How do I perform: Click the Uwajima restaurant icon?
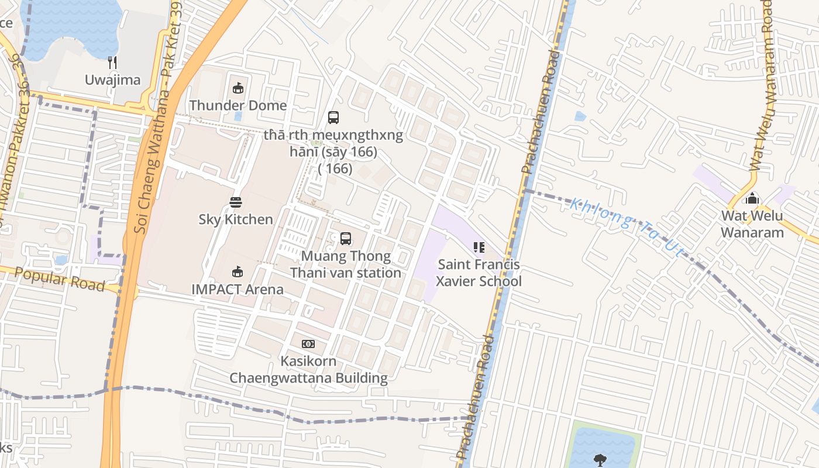click(x=113, y=63)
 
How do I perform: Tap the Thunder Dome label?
click(x=238, y=105)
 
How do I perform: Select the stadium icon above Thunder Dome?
click(x=238, y=88)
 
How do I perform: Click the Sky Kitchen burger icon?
click(x=236, y=202)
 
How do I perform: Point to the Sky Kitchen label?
click(x=236, y=219)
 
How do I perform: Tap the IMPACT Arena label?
click(x=238, y=289)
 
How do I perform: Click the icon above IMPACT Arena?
click(x=238, y=271)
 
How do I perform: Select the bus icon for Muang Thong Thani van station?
click(x=346, y=239)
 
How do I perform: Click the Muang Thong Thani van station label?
click(x=346, y=264)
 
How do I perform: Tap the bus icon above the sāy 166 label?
click(x=333, y=118)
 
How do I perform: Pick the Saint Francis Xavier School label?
click(x=479, y=273)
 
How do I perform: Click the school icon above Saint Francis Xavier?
click(x=479, y=247)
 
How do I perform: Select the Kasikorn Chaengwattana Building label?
click(x=308, y=369)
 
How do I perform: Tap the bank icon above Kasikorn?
click(x=308, y=344)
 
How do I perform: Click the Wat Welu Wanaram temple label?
click(x=752, y=224)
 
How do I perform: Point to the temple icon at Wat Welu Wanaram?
click(x=752, y=198)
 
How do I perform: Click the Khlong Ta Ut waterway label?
click(x=627, y=227)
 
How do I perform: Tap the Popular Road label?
click(x=59, y=279)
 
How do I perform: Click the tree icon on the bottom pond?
click(x=600, y=459)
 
